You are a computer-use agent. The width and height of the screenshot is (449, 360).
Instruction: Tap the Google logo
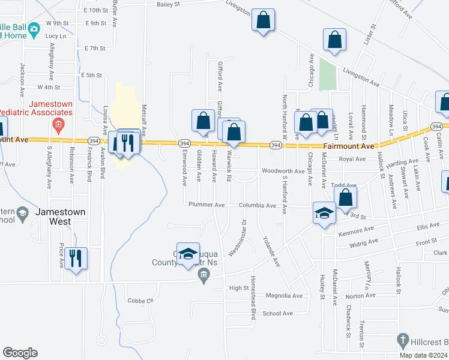[20, 353]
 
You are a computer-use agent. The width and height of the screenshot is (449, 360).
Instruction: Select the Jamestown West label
[60, 217]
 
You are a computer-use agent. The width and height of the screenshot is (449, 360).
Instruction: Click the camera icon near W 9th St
[34, 28]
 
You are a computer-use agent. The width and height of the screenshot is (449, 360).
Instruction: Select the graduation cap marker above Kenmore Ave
[324, 212]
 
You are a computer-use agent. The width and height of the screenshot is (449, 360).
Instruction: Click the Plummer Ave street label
[205, 205]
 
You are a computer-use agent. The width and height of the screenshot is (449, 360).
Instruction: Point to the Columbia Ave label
[258, 205]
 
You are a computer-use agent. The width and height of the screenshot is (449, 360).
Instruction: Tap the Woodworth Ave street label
[283, 171]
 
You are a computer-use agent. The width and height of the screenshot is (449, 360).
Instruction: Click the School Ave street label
[277, 313]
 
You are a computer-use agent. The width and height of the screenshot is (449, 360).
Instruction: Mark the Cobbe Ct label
[141, 300]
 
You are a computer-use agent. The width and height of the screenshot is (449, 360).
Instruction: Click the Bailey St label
[169, 4]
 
